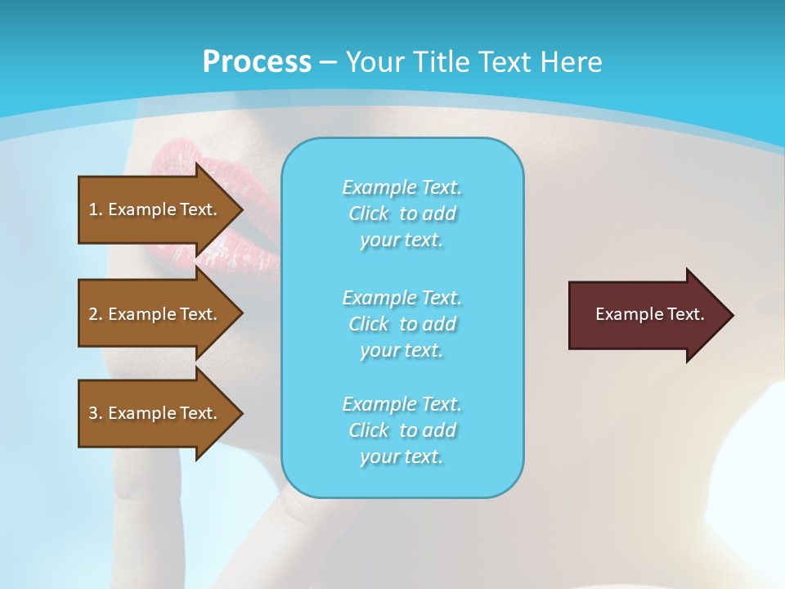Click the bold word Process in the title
tap(257, 62)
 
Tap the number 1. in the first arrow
tap(96, 209)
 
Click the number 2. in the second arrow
tap(96, 314)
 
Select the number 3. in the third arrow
tap(96, 413)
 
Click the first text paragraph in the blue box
tap(401, 214)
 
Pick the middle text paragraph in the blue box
tap(401, 324)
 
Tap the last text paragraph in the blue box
tap(401, 430)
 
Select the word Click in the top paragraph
tap(369, 214)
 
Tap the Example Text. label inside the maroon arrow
tap(649, 314)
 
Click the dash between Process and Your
tap(328, 62)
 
